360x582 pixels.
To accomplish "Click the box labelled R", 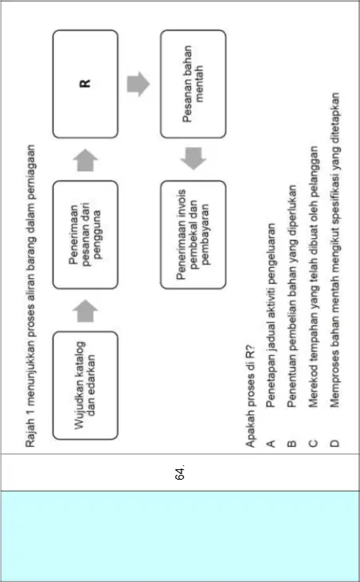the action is [x=86, y=84].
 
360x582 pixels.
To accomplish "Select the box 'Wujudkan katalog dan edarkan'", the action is [x=86, y=385].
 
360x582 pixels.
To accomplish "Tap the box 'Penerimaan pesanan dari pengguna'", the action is [x=86, y=234].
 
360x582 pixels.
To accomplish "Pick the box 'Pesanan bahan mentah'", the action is [x=193, y=84].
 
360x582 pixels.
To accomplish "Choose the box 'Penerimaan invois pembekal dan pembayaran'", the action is [x=193, y=234].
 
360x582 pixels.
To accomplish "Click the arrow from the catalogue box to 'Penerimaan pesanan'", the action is [x=86, y=311].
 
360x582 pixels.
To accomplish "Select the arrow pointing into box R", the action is [x=86, y=160].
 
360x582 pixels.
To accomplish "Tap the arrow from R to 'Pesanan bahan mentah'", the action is [x=138, y=84].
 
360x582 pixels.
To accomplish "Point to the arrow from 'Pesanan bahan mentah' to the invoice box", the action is [x=193, y=159].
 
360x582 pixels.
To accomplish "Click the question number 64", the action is [x=180, y=472].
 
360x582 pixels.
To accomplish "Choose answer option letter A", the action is [x=271, y=443].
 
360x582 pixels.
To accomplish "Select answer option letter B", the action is [x=292, y=443].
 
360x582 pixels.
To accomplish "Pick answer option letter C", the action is [x=313, y=443].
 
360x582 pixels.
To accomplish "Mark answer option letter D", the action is [x=334, y=443].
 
